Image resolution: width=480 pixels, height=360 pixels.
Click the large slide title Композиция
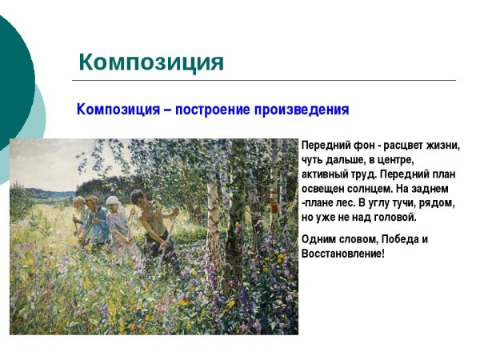pyautogui.click(x=151, y=62)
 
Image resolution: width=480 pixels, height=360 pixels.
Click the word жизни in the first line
pyautogui.click(x=443, y=146)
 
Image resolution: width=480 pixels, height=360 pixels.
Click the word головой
pyautogui.click(x=395, y=218)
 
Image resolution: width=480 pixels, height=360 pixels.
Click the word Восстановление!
pyautogui.click(x=343, y=254)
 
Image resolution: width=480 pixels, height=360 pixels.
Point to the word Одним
pyautogui.click(x=318, y=239)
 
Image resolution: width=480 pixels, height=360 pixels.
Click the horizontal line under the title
pyautogui.click(x=264, y=81)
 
